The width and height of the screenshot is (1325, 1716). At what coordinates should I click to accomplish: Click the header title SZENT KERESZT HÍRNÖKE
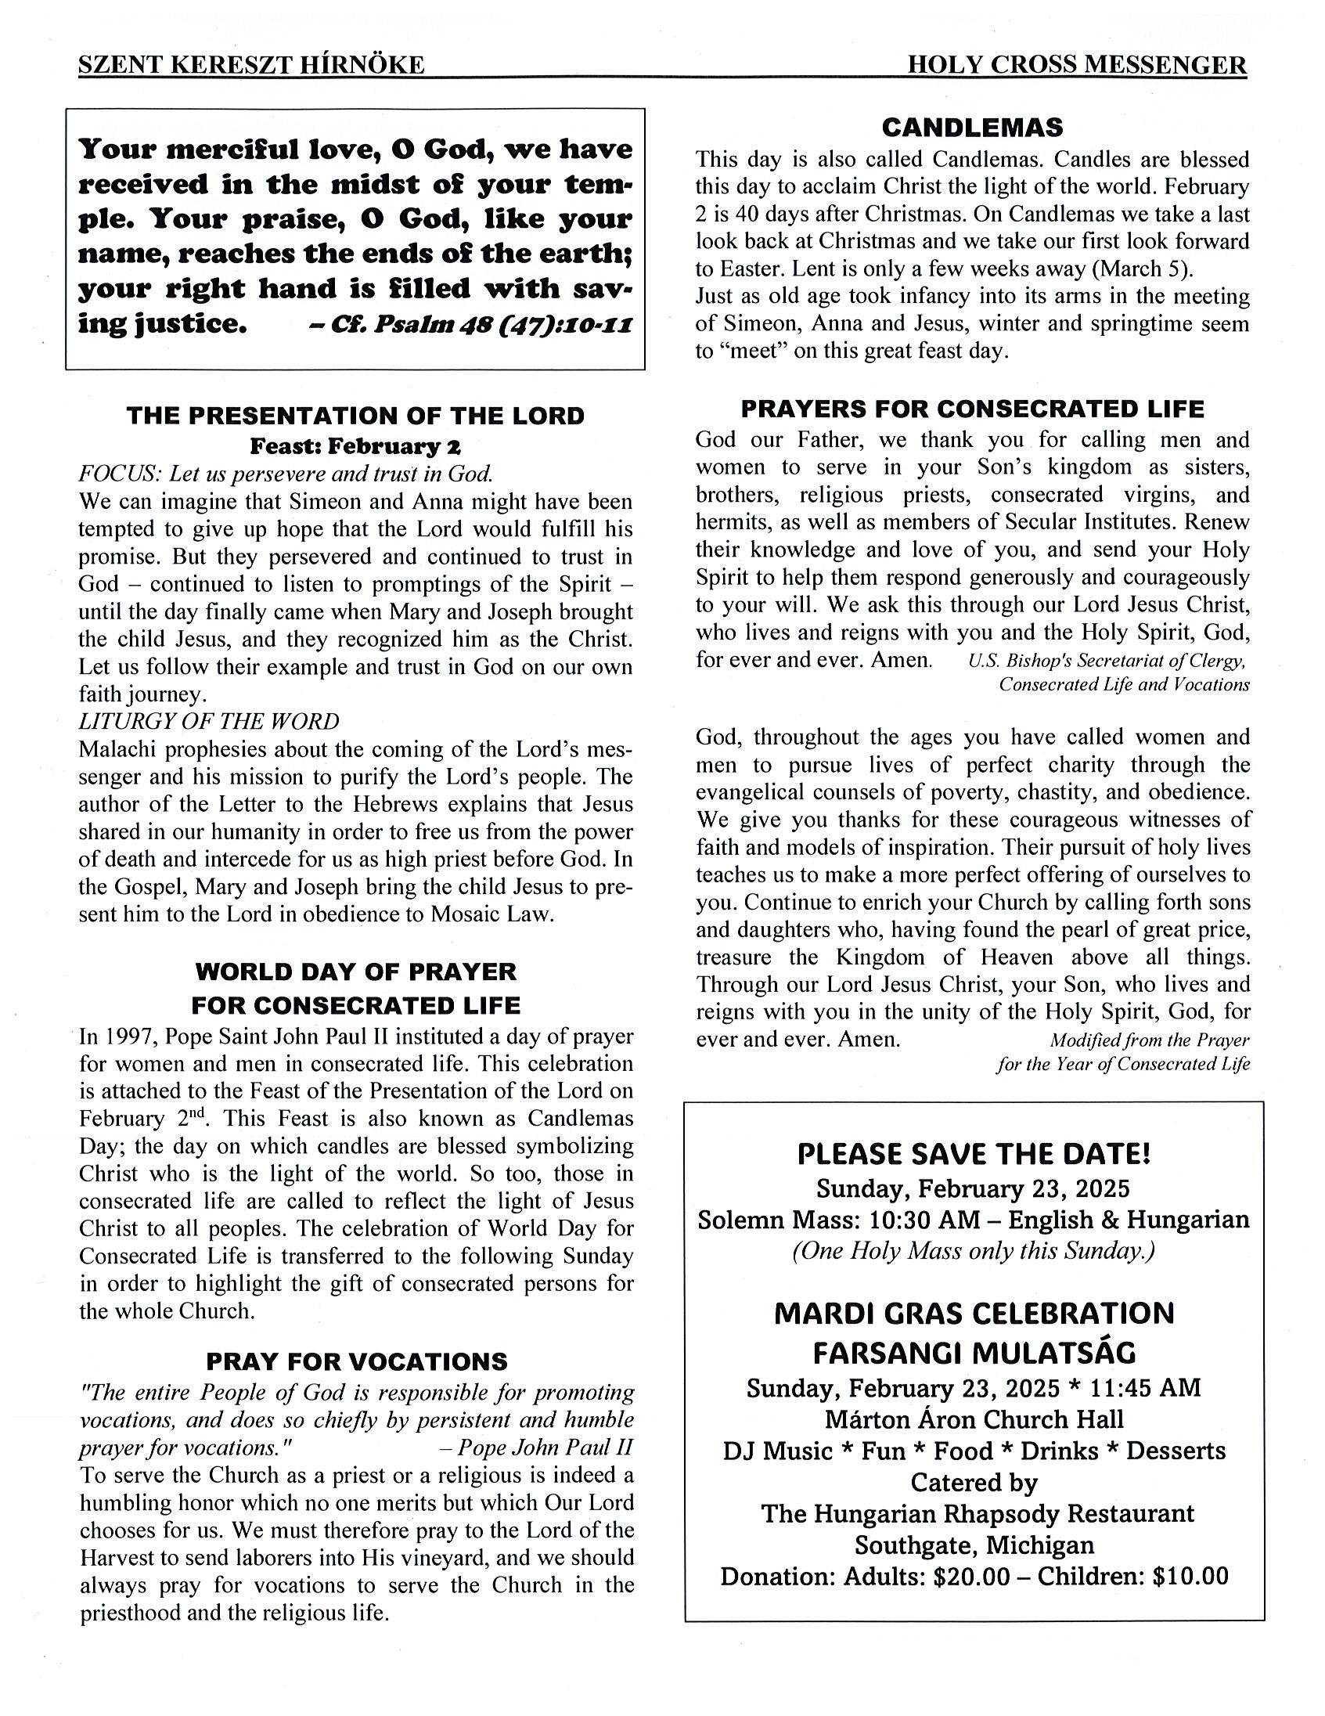click(x=251, y=64)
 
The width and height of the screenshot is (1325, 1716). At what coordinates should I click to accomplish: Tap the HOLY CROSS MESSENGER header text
click(x=1076, y=64)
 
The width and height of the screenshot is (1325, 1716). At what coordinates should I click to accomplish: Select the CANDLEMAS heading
click(x=971, y=128)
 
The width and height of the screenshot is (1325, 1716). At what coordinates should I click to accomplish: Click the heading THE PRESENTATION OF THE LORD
click(x=356, y=416)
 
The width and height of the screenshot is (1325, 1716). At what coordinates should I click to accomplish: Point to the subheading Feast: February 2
click(x=355, y=446)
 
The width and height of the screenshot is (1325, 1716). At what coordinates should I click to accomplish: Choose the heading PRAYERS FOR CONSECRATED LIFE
click(x=972, y=409)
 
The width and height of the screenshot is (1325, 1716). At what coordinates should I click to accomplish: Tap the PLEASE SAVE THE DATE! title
click(x=973, y=1154)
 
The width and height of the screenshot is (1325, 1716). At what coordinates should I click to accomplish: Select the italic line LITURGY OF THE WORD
click(x=209, y=721)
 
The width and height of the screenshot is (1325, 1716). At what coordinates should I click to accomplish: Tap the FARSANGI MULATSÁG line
click(x=974, y=1353)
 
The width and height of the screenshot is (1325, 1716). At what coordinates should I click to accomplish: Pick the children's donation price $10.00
click(x=1189, y=1576)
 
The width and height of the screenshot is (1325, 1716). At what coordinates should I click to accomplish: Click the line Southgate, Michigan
click(x=974, y=1545)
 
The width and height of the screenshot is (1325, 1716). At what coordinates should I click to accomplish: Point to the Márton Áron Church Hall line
click(x=974, y=1419)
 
